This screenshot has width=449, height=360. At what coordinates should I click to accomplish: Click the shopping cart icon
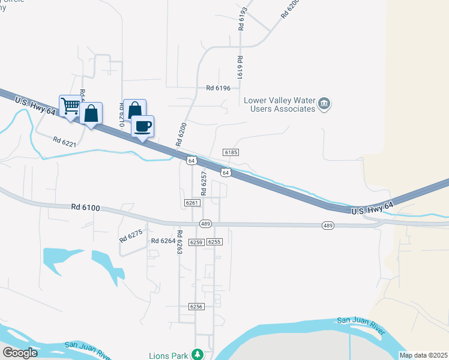[70, 106]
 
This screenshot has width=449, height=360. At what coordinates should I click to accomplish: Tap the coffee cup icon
[142, 126]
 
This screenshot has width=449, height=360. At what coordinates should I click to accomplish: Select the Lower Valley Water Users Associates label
[279, 104]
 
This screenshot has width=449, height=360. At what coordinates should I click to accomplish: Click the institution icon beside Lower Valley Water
[324, 104]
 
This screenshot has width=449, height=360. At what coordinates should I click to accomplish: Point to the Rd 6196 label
[218, 88]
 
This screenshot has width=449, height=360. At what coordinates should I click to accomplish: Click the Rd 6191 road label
[240, 69]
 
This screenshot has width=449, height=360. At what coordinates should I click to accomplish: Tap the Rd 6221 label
[64, 142]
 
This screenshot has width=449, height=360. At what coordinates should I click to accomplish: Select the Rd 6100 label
[85, 208]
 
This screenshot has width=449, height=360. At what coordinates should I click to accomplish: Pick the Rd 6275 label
[131, 234]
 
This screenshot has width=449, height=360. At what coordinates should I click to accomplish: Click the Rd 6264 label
[163, 241]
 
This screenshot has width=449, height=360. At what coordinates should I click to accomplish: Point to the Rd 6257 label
[203, 183]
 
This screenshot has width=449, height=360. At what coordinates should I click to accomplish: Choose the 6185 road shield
[231, 152]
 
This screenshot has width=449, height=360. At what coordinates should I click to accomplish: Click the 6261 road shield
[192, 203]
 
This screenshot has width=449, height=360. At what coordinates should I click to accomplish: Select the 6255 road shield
[215, 242]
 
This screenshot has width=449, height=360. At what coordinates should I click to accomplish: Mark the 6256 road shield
[196, 306]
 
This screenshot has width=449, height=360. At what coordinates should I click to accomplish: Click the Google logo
[20, 352]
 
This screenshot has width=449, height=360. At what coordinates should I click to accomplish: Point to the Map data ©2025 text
[423, 355]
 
